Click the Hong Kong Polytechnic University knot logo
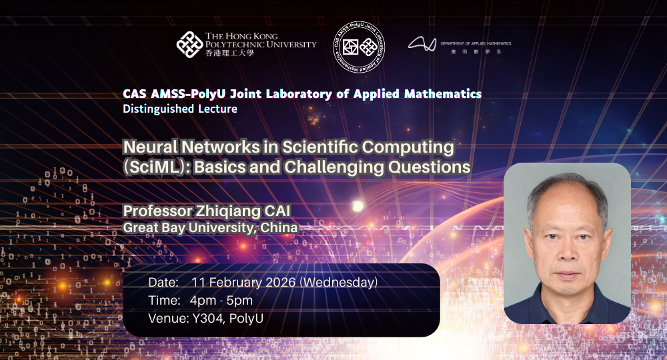click(189, 44)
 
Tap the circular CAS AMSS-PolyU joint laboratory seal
click(359, 47)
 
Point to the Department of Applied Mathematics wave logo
click(422, 45)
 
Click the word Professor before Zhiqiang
click(156, 211)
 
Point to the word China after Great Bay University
click(280, 228)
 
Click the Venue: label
click(167, 318)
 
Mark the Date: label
click(163, 283)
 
